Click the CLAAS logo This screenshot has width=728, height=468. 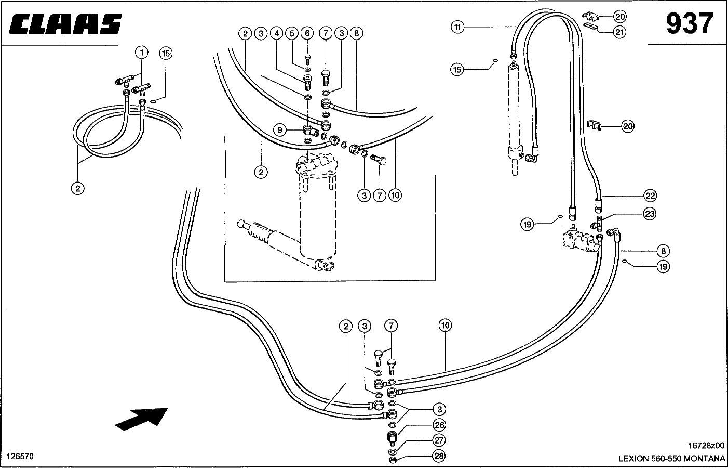coord(65,24)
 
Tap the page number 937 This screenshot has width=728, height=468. coord(690,23)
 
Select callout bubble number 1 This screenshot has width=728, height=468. coord(142,53)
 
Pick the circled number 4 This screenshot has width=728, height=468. coord(277,33)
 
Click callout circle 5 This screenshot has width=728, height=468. coord(292,33)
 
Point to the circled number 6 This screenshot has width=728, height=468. coord(307,33)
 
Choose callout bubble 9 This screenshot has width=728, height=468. coord(280,130)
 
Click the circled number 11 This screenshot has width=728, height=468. coord(457,27)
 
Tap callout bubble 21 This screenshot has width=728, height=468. coord(619,32)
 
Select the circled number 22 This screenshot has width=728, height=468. coord(650,196)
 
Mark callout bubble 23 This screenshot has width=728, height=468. coord(650,214)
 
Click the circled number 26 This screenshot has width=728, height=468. coord(439,425)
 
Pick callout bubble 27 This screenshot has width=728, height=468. coord(439,440)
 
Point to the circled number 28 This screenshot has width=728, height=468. coord(439,456)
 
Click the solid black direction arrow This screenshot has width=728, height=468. coord(142,419)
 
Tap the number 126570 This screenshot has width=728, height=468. coord(20,456)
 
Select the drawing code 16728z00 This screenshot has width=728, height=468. coord(706,445)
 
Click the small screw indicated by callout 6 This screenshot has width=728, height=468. coord(308,60)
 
